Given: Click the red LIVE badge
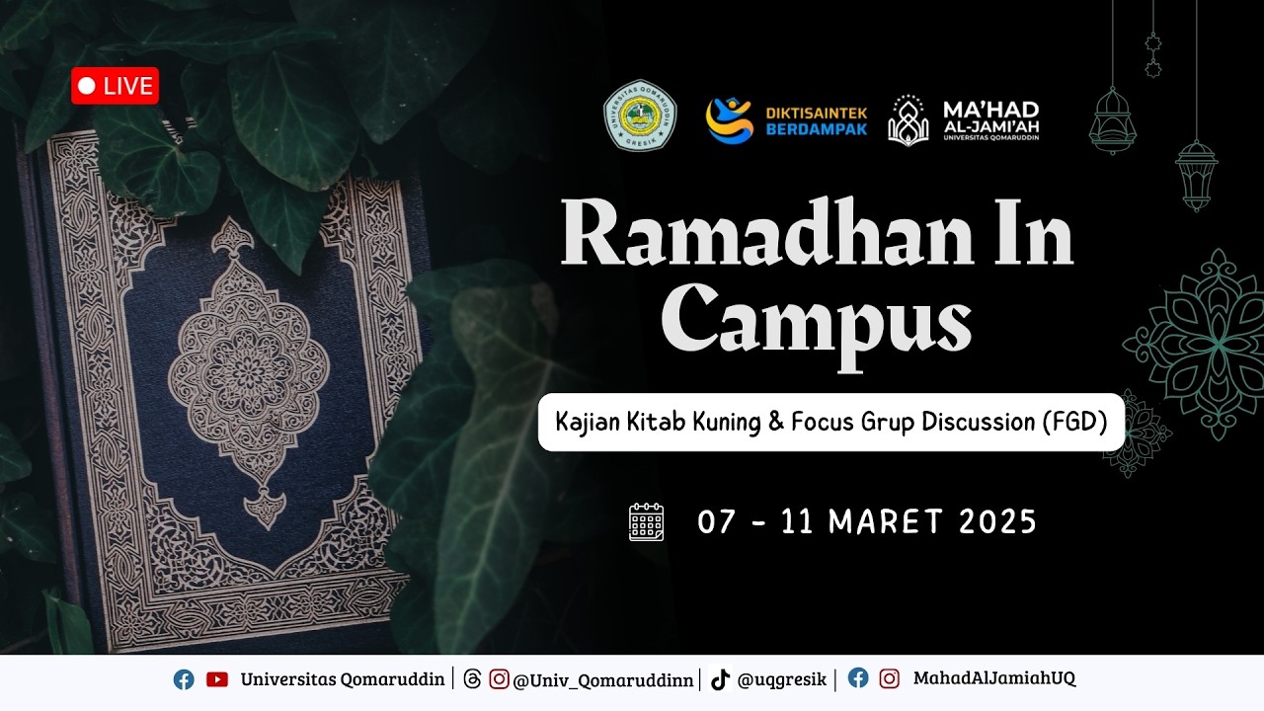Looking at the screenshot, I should click(x=115, y=86).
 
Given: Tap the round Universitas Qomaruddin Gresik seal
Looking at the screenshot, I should click(x=640, y=121).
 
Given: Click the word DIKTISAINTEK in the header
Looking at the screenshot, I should click(x=816, y=113).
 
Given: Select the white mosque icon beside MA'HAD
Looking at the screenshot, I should click(x=908, y=120).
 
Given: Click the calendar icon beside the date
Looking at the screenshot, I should click(x=647, y=521).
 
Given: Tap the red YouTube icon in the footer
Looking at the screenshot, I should click(x=217, y=679).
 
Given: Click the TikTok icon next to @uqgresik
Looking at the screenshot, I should click(x=720, y=679).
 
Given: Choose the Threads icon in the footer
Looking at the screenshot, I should click(x=472, y=679).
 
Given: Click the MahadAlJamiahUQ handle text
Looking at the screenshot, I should click(x=993, y=678).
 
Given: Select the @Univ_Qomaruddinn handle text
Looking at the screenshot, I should click(x=603, y=679).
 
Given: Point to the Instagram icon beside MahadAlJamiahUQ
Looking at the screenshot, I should click(x=890, y=678).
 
